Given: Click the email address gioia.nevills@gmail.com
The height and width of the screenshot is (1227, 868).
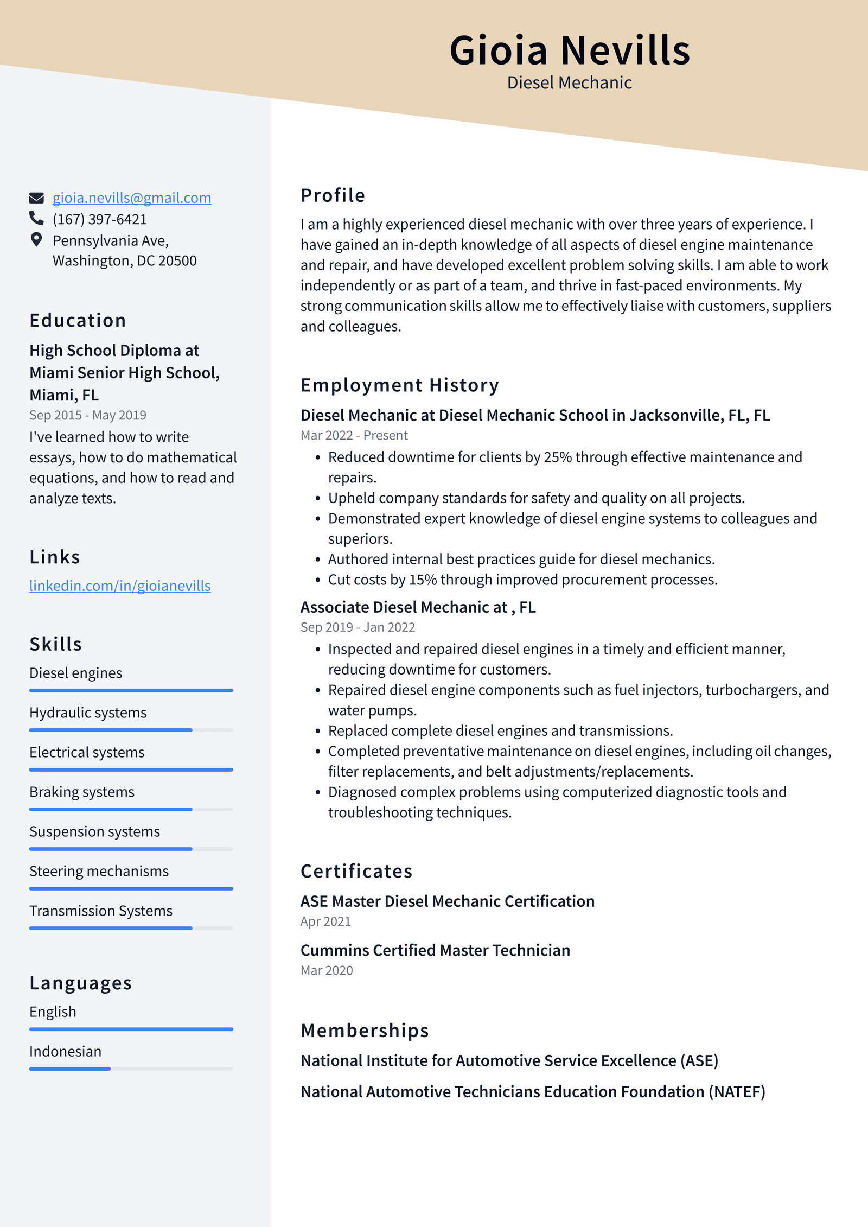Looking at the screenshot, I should (131, 198).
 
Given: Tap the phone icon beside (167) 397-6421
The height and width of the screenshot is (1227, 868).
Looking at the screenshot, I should (36, 218).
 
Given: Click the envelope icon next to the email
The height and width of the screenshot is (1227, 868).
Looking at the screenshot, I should (36, 198).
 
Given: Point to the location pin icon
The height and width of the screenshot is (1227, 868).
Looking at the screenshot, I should (36, 240).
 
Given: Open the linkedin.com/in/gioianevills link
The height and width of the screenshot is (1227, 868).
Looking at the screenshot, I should (120, 586).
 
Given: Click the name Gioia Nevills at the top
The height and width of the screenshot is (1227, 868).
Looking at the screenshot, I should (569, 51).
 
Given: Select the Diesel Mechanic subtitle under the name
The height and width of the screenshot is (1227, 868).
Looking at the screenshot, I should (569, 83).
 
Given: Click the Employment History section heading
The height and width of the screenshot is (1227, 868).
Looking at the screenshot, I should (399, 385).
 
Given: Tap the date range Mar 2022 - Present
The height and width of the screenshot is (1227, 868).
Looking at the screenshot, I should (354, 435).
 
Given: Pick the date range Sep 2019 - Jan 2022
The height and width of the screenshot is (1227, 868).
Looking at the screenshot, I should (358, 627).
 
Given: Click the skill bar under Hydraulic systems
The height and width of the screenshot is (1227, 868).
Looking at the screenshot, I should (131, 730).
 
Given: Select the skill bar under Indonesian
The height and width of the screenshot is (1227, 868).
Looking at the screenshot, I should (131, 1069).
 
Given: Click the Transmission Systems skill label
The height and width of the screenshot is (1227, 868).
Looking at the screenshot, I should (101, 911).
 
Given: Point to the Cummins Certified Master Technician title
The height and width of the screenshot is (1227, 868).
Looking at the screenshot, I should (435, 950).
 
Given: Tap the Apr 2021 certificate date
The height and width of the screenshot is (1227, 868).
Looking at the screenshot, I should (325, 921).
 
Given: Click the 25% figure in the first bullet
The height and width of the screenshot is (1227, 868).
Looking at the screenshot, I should (557, 457).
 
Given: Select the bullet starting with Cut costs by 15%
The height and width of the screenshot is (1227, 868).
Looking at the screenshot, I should (522, 580).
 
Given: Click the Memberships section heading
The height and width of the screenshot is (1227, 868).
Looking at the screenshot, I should (365, 1031).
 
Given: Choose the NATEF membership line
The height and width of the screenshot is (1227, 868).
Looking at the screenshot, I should (533, 1091).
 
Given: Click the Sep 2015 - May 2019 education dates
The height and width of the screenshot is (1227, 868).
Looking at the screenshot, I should (88, 415).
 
